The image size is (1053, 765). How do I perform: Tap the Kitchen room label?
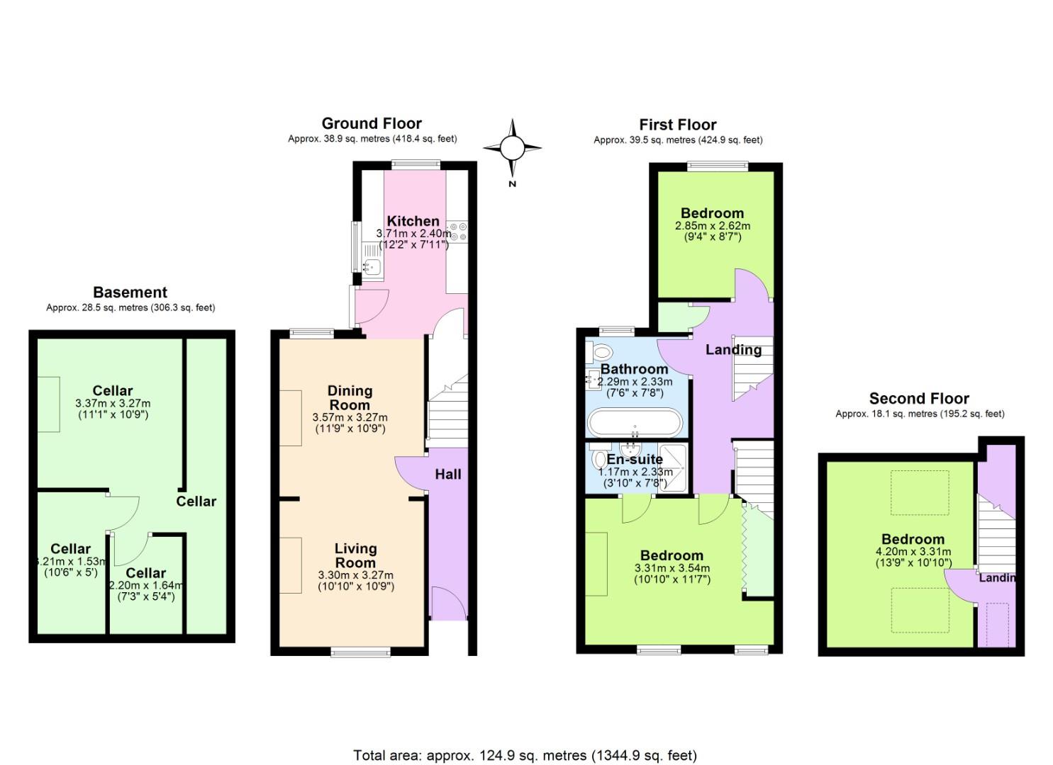(x=413, y=221)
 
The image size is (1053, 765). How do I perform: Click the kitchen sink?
(x=372, y=266)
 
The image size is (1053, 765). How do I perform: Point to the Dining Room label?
(x=350, y=397)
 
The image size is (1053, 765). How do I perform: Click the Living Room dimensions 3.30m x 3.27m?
(x=355, y=575)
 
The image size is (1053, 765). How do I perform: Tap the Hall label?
(x=447, y=475)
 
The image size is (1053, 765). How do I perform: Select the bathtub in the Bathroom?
(x=635, y=423)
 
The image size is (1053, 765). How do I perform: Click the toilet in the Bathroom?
(x=603, y=352)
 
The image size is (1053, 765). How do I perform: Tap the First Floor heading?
(x=677, y=125)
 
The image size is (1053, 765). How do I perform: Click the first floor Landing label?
(x=733, y=349)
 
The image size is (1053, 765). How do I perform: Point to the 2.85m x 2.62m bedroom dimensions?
(x=712, y=226)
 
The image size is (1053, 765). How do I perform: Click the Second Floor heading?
(x=919, y=399)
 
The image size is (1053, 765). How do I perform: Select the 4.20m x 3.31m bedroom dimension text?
(x=913, y=552)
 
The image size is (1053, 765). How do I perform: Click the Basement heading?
(x=130, y=293)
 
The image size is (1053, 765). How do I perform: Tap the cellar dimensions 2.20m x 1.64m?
(x=146, y=585)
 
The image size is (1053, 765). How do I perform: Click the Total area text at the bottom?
(x=525, y=755)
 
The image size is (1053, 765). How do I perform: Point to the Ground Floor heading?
(x=372, y=124)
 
